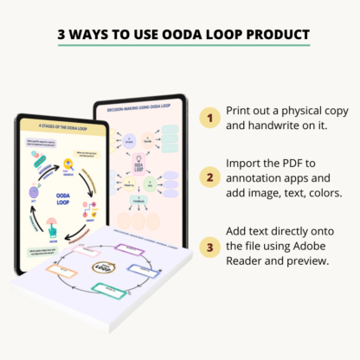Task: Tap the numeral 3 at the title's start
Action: pyautogui.click(x=61, y=35)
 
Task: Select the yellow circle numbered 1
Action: pyautogui.click(x=209, y=119)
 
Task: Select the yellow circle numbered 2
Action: pyautogui.click(x=209, y=178)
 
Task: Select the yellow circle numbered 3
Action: pyautogui.click(x=209, y=247)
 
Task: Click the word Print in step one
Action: pyautogui.click(x=241, y=110)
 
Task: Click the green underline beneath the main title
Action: pyautogui.click(x=180, y=47)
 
